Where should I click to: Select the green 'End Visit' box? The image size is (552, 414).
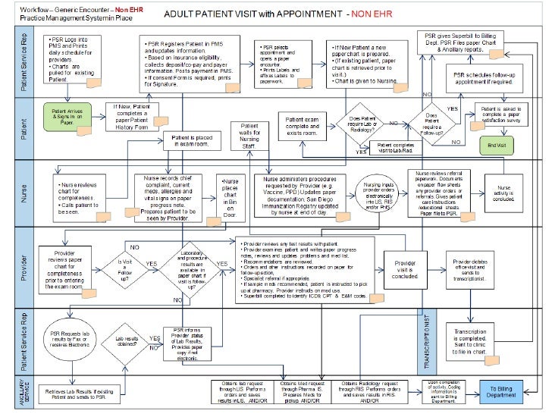pyautogui.click(x=497, y=144)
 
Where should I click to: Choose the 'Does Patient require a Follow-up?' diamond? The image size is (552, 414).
pyautogui.click(x=431, y=124)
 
